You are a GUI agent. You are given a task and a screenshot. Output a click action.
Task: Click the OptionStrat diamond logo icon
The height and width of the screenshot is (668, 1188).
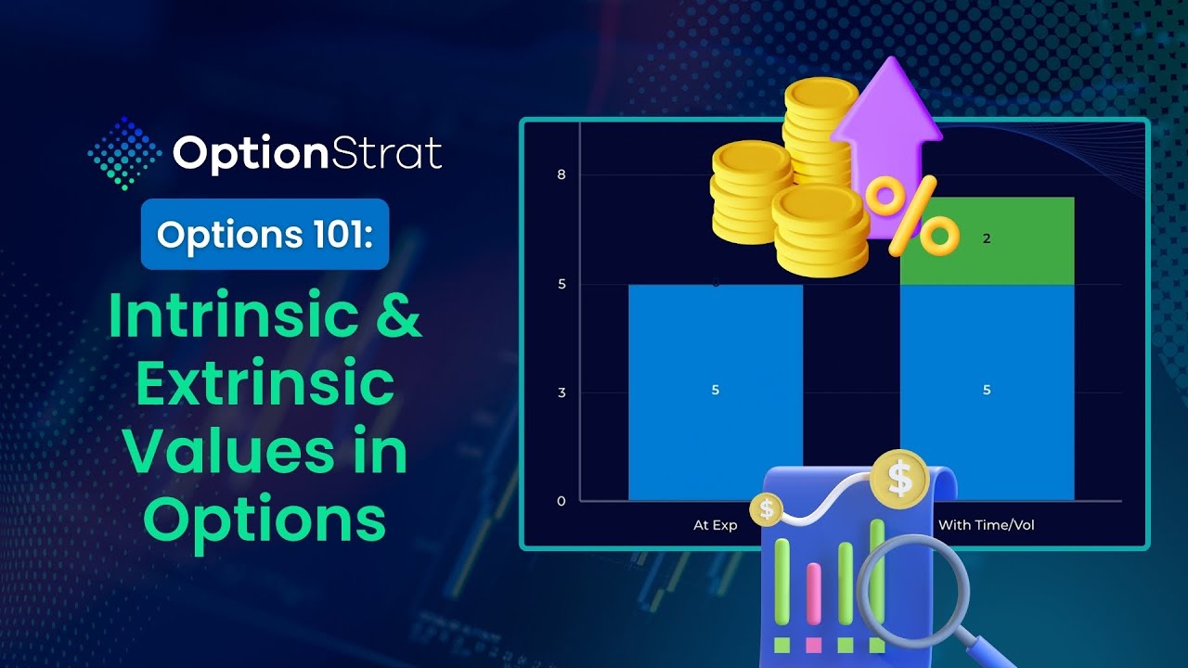coord(124,154)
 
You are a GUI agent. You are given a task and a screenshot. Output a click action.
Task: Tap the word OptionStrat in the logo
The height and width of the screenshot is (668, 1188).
coord(307,154)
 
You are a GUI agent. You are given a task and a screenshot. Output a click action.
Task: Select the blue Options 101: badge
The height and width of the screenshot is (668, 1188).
coord(265,234)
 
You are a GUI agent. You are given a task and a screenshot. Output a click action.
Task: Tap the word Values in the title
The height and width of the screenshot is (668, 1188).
coord(228,451)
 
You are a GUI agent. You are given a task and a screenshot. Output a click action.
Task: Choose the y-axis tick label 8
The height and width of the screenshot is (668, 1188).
coord(562,174)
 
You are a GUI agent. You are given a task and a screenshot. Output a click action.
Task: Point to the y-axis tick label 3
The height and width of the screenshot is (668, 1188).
coord(562,392)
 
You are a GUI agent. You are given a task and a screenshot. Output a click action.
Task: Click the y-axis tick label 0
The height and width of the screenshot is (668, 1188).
coord(562,501)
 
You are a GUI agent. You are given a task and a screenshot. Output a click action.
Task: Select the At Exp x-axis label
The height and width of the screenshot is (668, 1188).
coord(716,525)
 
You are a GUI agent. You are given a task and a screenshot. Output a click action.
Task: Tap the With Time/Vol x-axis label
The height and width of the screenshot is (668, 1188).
coord(987,525)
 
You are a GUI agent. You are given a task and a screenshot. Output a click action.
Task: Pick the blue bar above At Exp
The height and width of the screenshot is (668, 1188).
coord(716,392)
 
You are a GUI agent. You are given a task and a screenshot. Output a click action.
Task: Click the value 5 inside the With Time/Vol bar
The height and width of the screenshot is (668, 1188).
coord(987,391)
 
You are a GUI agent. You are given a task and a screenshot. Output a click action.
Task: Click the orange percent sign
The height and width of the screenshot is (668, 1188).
coord(912,216)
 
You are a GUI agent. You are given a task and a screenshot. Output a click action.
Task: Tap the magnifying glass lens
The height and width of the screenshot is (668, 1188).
coord(913,588)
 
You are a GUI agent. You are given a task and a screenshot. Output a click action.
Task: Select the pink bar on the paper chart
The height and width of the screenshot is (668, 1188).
coord(814,594)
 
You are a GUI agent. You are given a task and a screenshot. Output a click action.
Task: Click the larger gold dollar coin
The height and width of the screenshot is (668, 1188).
coord(899,479)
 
